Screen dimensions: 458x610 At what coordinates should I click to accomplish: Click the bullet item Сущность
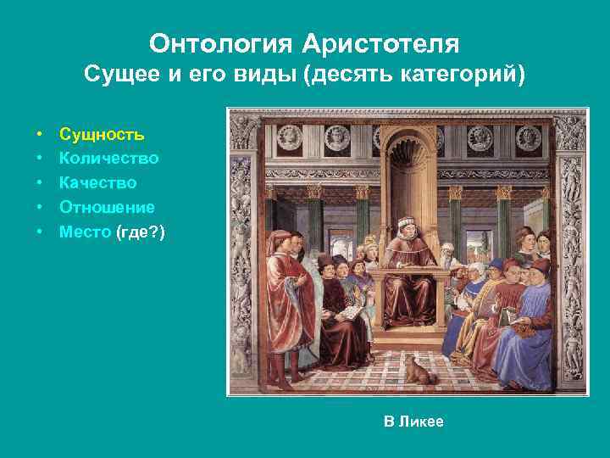[x=102, y=134]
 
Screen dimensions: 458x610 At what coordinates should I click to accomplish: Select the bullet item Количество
[x=108, y=158]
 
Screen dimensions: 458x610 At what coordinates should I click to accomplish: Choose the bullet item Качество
[x=97, y=182]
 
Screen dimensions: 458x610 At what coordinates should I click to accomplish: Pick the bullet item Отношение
[x=107, y=206]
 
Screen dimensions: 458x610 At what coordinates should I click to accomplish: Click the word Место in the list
[x=85, y=231]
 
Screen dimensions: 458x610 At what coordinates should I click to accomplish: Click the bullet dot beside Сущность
[x=40, y=134]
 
